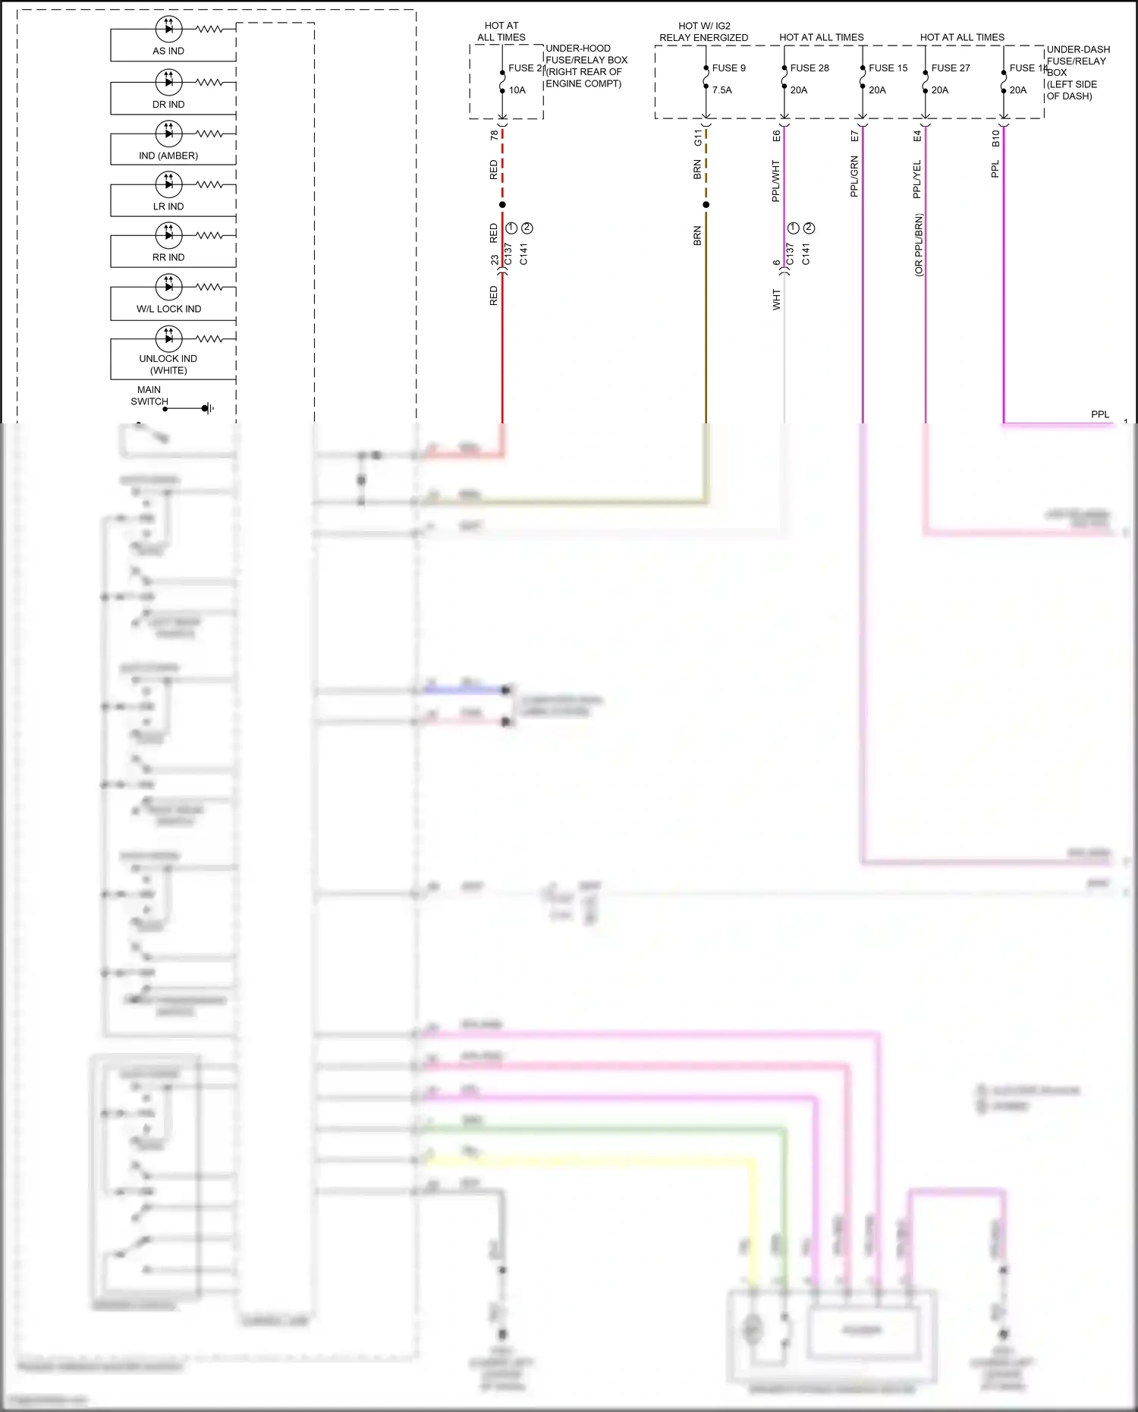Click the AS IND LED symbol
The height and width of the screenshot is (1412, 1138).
pos(168,29)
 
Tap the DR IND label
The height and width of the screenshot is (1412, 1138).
pos(168,105)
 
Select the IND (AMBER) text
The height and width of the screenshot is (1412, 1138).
pos(168,156)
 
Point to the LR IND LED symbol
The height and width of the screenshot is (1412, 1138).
pos(168,184)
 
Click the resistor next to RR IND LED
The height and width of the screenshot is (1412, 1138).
pos(209,235)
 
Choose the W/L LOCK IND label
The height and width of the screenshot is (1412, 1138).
pos(168,309)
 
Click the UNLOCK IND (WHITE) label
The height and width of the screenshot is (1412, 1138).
pos(168,364)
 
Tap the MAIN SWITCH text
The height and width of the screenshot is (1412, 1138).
pos(149,395)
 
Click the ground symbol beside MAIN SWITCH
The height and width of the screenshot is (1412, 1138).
pos(207,409)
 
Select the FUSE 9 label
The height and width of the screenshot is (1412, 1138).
pos(728,68)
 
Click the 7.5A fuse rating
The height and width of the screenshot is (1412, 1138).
pos(721,90)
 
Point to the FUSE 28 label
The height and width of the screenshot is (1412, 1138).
pos(809,68)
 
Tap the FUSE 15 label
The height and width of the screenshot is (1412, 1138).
pos(888,68)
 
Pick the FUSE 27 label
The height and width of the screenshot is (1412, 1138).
pos(951,68)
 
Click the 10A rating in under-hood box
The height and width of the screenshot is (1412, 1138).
pos(517,90)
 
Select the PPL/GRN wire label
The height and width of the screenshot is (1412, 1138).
pos(854,177)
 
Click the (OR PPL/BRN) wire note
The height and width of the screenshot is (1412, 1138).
pos(918,244)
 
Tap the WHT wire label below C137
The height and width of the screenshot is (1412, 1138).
pos(776,300)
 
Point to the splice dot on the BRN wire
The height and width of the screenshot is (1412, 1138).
pos(706,205)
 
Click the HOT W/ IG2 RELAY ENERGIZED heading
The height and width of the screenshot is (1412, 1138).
pos(703,31)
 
